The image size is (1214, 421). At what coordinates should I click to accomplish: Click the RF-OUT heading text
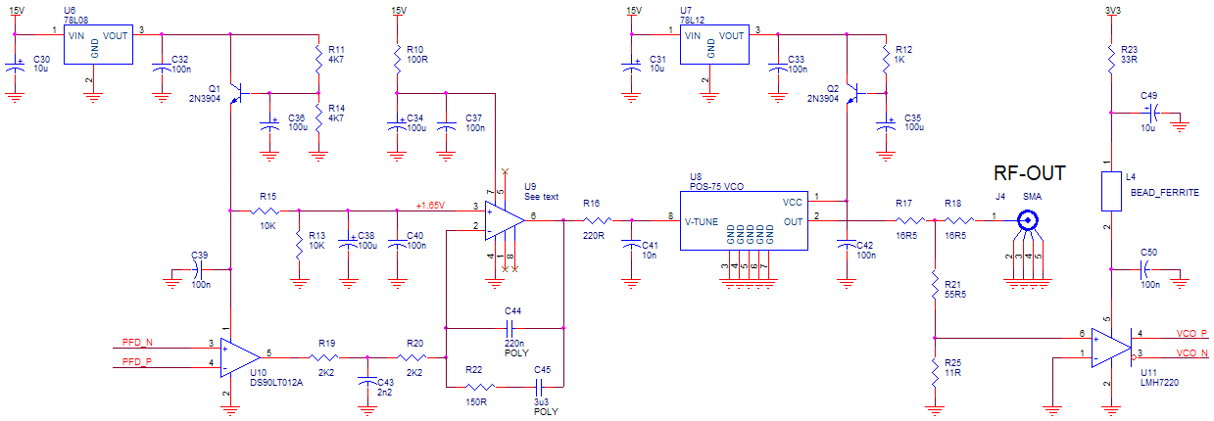click(1029, 173)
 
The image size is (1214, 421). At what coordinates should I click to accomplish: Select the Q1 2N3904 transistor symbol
click(237, 93)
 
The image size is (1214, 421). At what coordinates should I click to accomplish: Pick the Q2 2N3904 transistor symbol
click(853, 93)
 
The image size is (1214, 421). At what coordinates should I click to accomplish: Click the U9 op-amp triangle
click(505, 220)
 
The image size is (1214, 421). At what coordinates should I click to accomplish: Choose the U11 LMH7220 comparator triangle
click(1111, 348)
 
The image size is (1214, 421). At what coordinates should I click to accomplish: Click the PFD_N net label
click(137, 343)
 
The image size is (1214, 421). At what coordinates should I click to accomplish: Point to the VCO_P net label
click(1191, 333)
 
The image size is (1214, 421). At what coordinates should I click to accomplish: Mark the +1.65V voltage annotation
click(430, 206)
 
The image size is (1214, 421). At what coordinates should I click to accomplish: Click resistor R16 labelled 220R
click(598, 220)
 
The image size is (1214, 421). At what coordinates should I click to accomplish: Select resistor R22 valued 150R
click(480, 387)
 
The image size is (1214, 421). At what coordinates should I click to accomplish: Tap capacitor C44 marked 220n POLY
click(510, 328)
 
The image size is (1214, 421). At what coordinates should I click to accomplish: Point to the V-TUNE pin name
click(702, 221)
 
